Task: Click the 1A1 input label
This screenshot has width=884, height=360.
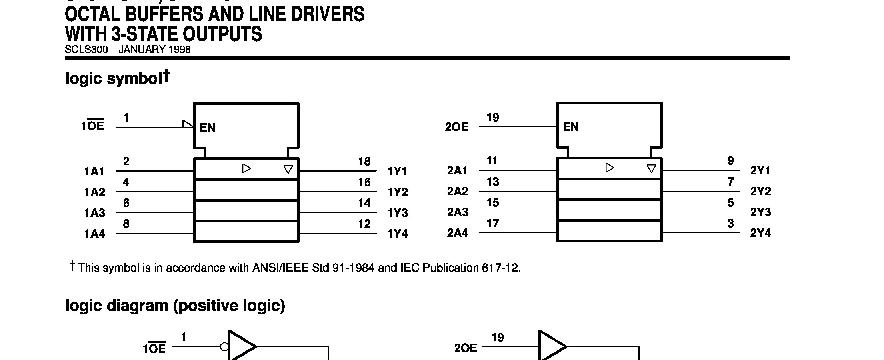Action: pos(94,172)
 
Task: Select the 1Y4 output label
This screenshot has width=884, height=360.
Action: pos(398,234)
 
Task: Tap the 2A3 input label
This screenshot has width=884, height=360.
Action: pos(458,212)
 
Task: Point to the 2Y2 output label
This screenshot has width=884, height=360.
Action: pos(760,192)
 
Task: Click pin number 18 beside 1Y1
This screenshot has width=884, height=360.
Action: pos(364,162)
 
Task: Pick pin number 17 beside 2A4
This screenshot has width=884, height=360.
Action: pos(493,223)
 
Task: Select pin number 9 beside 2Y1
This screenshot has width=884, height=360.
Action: pos(730,161)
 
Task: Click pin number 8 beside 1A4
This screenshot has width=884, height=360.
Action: pos(126,224)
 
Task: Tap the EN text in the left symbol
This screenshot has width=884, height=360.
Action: pos(208,128)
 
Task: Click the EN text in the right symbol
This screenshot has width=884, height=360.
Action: pos(571,127)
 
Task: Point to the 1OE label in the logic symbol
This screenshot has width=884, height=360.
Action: pos(93,126)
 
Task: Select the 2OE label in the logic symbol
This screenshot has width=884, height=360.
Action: pos(457,127)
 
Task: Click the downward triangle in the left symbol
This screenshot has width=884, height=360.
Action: pos(288,170)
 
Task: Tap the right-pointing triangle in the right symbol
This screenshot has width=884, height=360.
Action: pos(610,168)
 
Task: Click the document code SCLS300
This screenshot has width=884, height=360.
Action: pos(86,50)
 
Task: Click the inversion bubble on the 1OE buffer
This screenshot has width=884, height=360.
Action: pos(224,347)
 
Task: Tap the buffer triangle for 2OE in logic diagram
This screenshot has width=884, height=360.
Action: pos(551,346)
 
